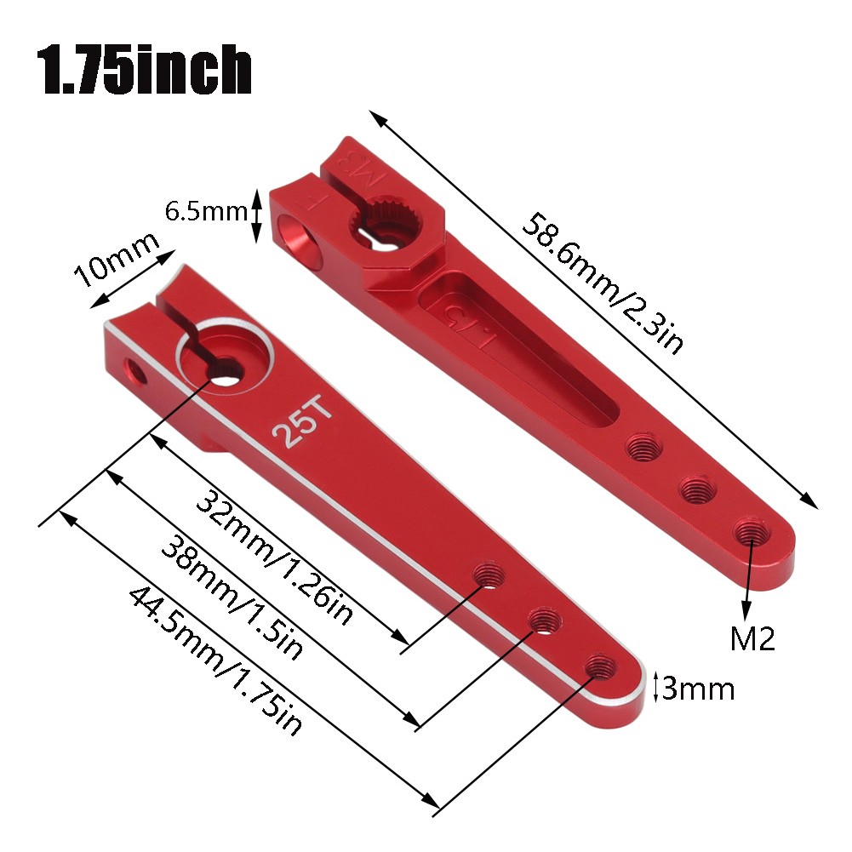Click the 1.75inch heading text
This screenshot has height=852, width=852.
tap(144, 70)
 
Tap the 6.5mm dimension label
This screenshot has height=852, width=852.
tap(207, 211)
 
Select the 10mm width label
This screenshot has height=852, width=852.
tap(117, 260)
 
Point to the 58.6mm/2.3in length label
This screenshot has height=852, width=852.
tap(602, 283)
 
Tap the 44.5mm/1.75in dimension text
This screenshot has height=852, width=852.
tap(215, 660)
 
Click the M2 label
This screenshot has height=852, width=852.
tap(752, 638)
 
